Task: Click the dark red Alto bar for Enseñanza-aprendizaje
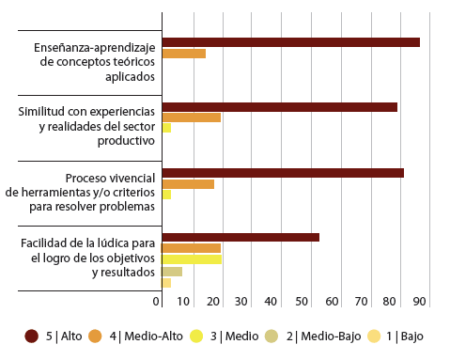290,42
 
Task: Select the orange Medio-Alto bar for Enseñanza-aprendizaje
183,54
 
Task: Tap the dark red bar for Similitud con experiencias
279,107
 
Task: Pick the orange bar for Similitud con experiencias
191,117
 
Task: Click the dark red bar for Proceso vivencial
283,173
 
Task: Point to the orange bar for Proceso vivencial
188,184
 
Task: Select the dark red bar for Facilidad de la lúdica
241,237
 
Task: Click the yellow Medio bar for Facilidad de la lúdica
192,259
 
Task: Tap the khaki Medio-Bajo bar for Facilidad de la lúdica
172,271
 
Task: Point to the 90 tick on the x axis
418,302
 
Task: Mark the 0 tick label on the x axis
157,302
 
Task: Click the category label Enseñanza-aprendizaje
95,46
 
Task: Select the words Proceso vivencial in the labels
110,178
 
